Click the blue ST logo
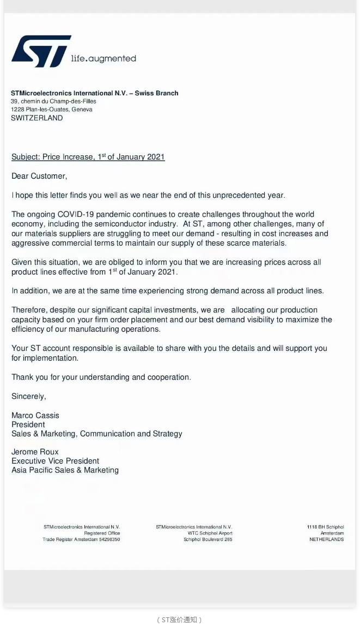coord(40,51)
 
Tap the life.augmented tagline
coord(103,58)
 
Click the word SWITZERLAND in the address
coord(37,118)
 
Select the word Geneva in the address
coord(82,110)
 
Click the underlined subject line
coord(88,157)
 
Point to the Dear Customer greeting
coord(39,176)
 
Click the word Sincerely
coord(29,396)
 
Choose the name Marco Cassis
coord(35,415)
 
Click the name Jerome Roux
coord(35,452)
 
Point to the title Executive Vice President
coord(56,461)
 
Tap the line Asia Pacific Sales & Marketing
coord(65,470)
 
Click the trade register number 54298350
coord(108,539)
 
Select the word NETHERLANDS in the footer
coord(327,539)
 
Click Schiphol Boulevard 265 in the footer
coord(208,539)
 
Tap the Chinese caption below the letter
coord(180,619)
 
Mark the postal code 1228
coord(17,110)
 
